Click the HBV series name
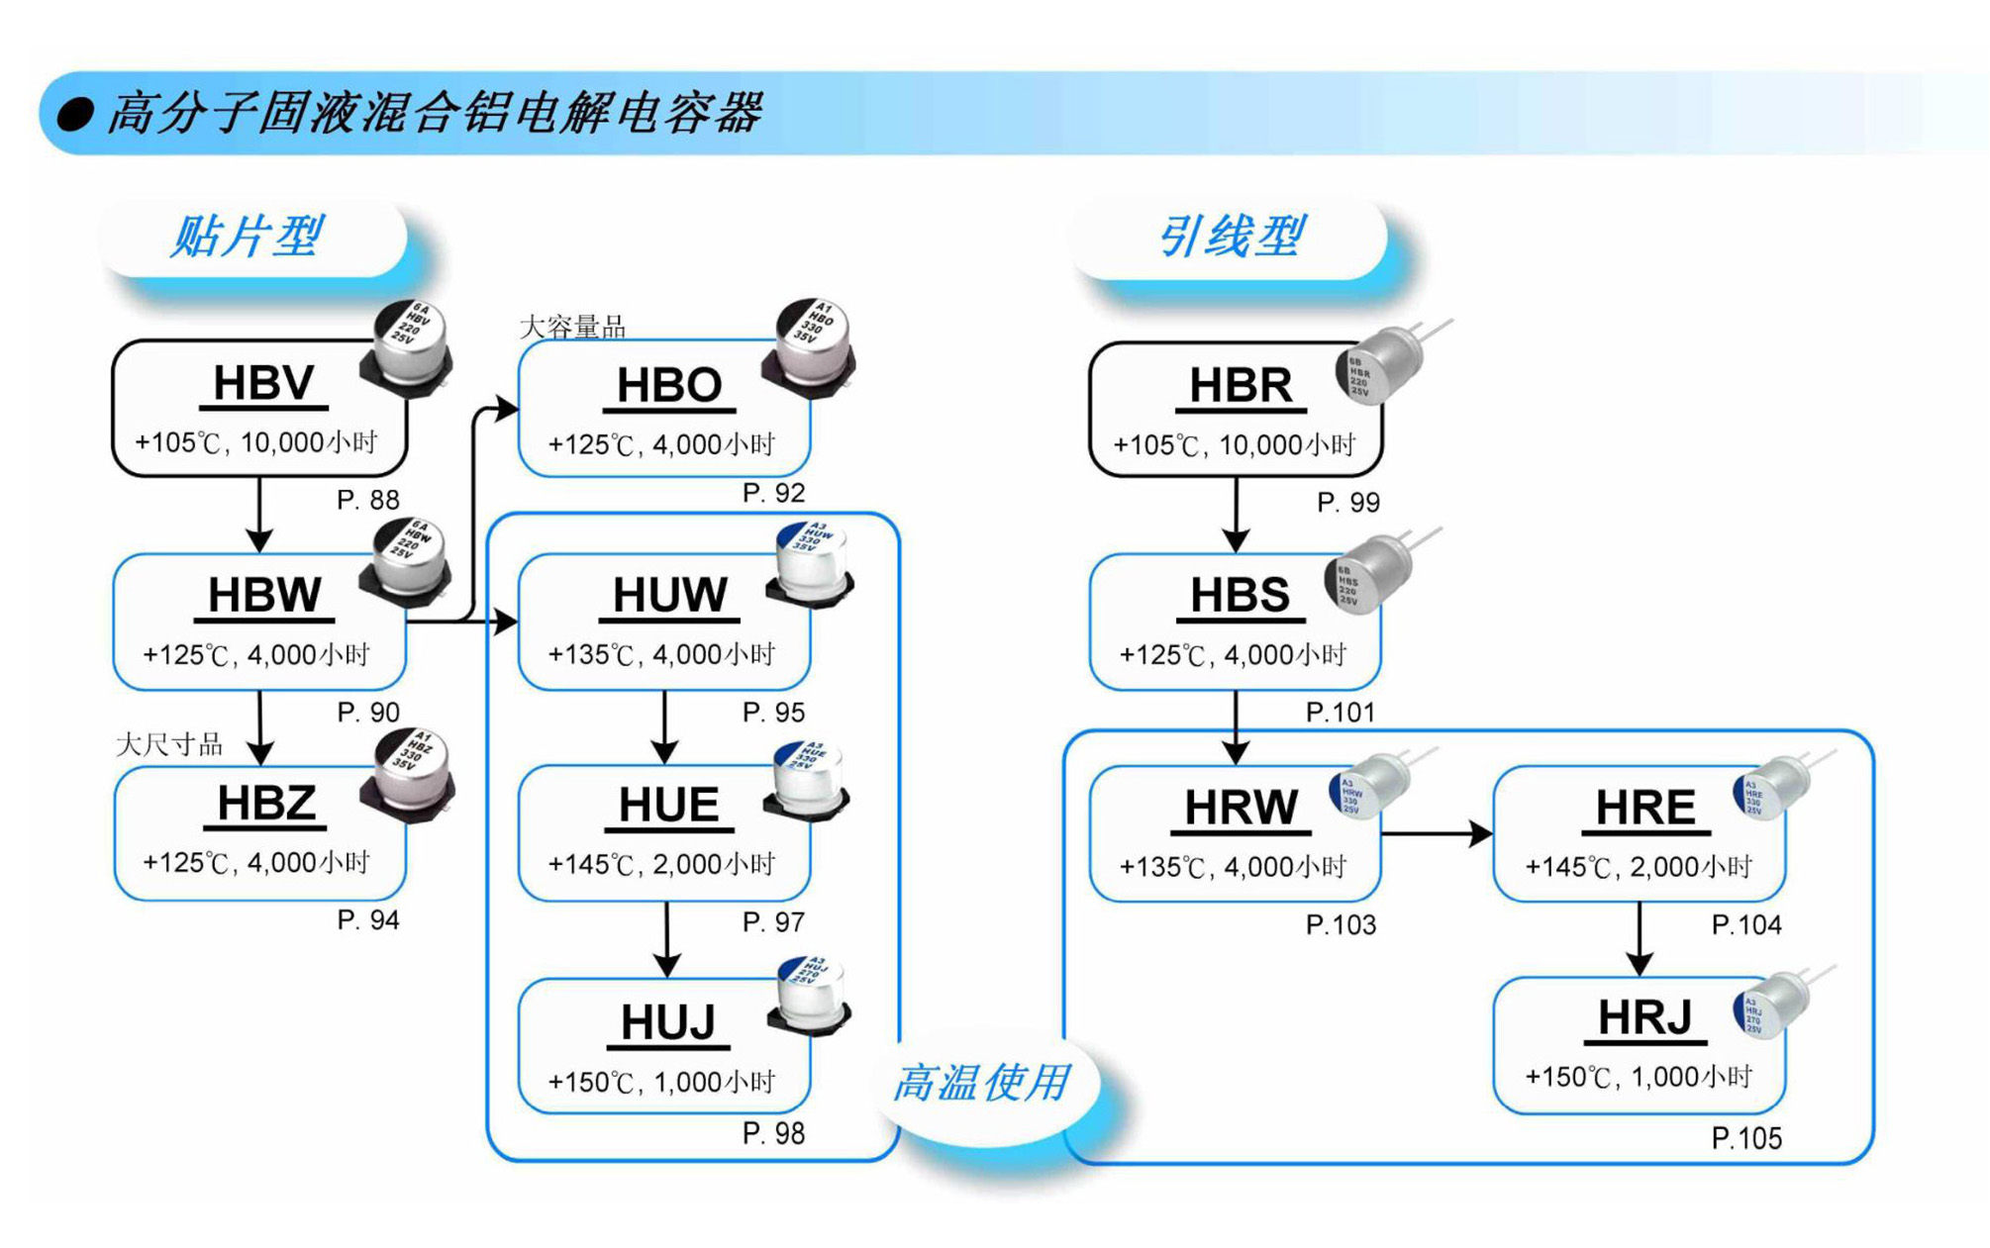pos(263,384)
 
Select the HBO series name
pos(669,386)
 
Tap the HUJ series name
pos(668,1022)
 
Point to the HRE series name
pos(1645,809)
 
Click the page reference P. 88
pos(367,501)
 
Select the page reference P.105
pos(1746,1139)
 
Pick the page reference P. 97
pos(773,922)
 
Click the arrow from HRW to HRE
pos(1436,834)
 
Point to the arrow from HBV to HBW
pos(259,515)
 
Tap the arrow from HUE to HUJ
pos(666,939)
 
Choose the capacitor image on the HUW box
pos(813,566)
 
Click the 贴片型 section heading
pos(248,238)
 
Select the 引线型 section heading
pos(1231,238)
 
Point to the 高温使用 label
pos(981,1083)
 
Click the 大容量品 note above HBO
pos(572,327)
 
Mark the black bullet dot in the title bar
pos(75,115)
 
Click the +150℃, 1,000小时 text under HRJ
pos(1639,1077)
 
